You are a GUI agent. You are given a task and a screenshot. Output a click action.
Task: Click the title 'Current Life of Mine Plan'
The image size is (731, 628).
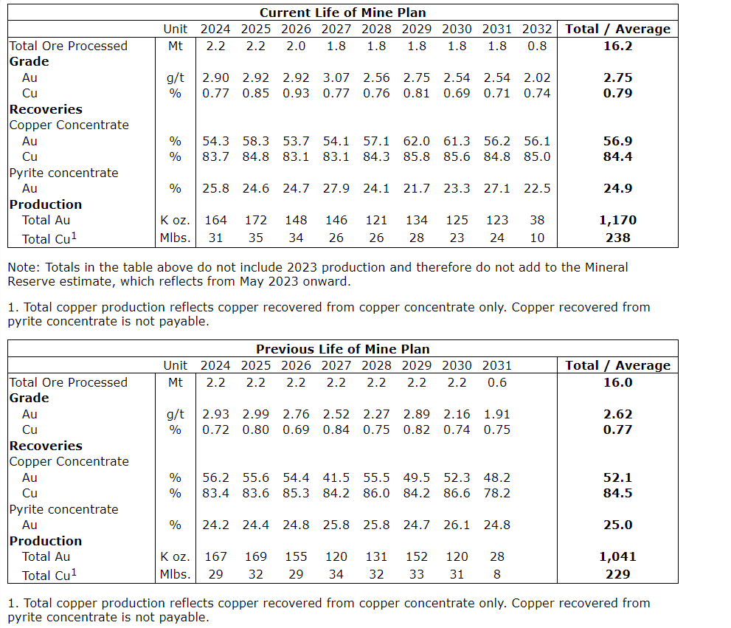pyautogui.click(x=342, y=13)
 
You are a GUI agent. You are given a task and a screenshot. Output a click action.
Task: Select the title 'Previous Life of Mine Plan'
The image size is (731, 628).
pyautogui.click(x=342, y=349)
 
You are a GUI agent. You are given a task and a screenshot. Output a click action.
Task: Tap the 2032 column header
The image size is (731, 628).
pyautogui.click(x=537, y=29)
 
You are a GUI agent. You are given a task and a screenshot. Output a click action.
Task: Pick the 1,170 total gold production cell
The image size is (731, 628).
pyautogui.click(x=618, y=220)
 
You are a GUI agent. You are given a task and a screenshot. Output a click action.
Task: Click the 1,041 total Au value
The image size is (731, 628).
pyautogui.click(x=618, y=556)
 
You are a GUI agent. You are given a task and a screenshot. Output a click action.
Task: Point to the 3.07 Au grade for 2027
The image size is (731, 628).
pyautogui.click(x=336, y=77)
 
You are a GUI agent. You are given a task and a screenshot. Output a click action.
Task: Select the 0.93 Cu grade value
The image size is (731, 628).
pyautogui.click(x=296, y=93)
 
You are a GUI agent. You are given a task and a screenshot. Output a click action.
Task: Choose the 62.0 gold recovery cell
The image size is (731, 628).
pyautogui.click(x=417, y=141)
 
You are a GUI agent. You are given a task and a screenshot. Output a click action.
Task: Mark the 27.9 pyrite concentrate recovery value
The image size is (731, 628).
pyautogui.click(x=336, y=188)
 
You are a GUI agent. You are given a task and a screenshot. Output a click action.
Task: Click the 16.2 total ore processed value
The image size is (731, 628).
pyautogui.click(x=618, y=46)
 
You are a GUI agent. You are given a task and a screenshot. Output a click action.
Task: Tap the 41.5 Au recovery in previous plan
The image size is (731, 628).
pyautogui.click(x=336, y=477)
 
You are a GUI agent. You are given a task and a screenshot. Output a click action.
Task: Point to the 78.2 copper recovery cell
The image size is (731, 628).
pyautogui.click(x=497, y=493)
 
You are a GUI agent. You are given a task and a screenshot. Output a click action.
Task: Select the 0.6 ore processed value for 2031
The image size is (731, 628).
pyautogui.click(x=497, y=382)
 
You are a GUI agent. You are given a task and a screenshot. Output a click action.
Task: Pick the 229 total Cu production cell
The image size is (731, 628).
pyautogui.click(x=618, y=574)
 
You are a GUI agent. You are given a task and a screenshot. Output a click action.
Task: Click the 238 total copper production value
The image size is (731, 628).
pyautogui.click(x=618, y=238)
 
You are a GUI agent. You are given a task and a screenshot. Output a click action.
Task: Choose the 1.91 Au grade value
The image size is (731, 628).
pyautogui.click(x=497, y=414)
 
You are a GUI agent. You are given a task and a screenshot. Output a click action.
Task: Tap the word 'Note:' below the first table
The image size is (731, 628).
pyautogui.click(x=23, y=267)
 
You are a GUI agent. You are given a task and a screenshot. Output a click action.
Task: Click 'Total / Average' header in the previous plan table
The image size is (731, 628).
pyautogui.click(x=618, y=365)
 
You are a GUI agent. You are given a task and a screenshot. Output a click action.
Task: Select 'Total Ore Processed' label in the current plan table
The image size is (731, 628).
pyautogui.click(x=69, y=46)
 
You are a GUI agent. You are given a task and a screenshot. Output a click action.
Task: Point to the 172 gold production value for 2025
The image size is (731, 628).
pyautogui.click(x=256, y=220)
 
